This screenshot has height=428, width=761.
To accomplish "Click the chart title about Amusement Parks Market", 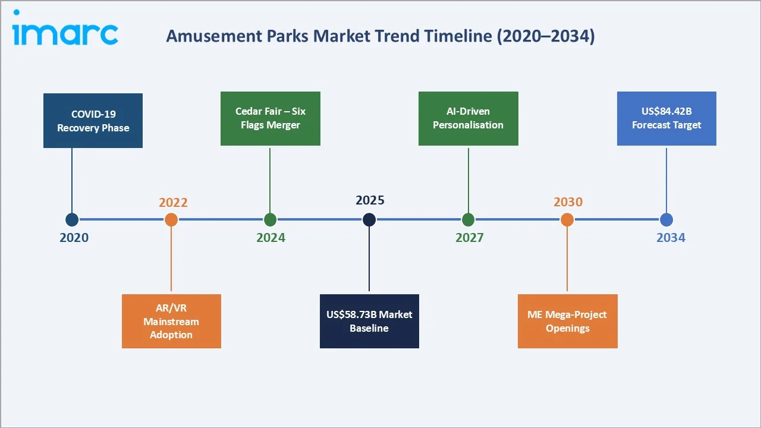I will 380,36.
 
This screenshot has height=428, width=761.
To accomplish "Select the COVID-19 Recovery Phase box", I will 93,121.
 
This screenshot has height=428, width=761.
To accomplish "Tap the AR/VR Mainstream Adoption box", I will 171,321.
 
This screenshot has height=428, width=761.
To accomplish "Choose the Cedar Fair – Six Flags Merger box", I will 270,118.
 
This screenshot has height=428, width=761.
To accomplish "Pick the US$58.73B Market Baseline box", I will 369,321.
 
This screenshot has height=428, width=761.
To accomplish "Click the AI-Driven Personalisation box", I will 468,118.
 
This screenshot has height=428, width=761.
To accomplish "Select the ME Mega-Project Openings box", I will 567,321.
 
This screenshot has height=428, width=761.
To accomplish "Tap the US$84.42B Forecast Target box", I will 666,118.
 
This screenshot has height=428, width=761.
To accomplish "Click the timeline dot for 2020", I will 72,220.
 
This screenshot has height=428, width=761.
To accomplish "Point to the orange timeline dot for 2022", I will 171,220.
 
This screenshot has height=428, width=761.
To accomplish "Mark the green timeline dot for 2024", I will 270,220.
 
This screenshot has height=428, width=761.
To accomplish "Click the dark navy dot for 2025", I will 369,220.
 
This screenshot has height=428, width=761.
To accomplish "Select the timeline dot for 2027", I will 468,220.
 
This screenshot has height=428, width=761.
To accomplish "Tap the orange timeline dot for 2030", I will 567,220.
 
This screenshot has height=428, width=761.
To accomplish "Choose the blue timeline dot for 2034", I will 666,220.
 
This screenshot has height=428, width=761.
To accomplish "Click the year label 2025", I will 370,200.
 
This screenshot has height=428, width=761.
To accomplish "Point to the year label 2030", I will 568,202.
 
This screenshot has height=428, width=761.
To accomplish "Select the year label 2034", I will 671,238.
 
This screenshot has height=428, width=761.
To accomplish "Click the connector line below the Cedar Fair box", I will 270,178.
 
